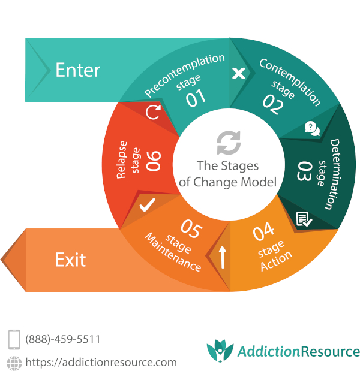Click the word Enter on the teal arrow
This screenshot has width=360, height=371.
click(x=77, y=70)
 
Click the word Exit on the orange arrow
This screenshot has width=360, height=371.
click(x=70, y=260)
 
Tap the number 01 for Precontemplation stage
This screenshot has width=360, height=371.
click(x=196, y=98)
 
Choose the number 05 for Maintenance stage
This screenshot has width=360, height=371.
click(x=191, y=229)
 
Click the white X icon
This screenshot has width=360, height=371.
click(x=238, y=73)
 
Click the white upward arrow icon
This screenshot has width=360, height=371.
click(x=223, y=257)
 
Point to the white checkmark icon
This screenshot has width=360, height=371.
click(x=146, y=206)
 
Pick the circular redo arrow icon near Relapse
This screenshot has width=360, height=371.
click(x=153, y=112)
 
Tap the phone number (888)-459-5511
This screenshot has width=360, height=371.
click(x=62, y=339)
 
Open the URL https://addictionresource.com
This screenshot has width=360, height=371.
click(x=101, y=362)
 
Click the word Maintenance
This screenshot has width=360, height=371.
click(x=173, y=252)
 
